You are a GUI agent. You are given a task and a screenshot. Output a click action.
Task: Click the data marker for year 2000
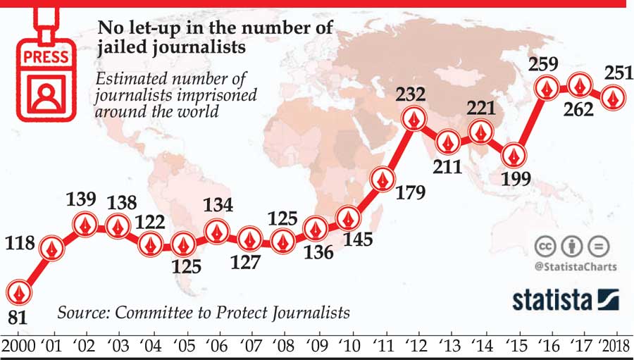(19, 292)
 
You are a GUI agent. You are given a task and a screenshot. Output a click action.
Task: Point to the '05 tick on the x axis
(184, 347)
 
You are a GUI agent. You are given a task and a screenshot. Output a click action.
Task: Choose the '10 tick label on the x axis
(349, 347)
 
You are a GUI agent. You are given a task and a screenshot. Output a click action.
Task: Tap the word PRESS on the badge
(46, 56)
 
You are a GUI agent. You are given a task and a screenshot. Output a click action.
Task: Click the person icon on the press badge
(46, 94)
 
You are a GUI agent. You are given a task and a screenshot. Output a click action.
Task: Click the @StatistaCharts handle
(576, 266)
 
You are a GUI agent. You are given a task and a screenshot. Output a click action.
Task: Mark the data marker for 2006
(217, 230)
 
